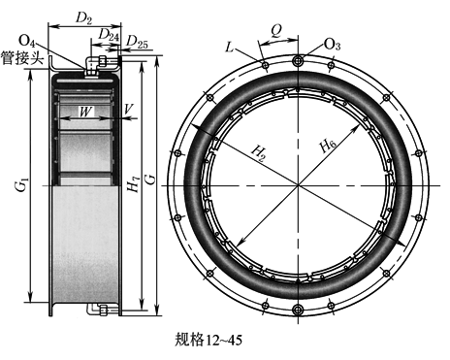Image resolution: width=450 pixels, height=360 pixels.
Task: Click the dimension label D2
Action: click(x=83, y=18)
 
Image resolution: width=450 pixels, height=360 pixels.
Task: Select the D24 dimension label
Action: click(x=109, y=35)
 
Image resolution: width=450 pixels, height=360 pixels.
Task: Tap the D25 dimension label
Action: click(x=137, y=42)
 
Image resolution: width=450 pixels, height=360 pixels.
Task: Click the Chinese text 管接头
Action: click(x=22, y=58)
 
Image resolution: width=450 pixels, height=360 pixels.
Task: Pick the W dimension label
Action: click(x=85, y=112)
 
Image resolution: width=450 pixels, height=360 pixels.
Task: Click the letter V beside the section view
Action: click(x=129, y=109)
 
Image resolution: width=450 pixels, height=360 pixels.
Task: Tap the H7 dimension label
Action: click(x=133, y=184)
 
